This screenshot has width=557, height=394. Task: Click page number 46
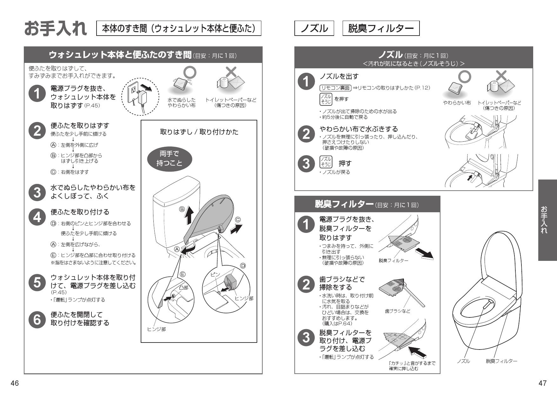(15, 383)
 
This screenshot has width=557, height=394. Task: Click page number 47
(542, 383)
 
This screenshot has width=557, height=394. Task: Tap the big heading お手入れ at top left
(56, 29)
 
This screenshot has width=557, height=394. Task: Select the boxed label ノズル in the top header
(314, 29)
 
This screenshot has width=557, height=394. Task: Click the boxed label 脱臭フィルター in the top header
(381, 29)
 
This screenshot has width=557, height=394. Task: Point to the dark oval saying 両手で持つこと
(170, 159)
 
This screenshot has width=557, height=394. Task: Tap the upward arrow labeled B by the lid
(189, 216)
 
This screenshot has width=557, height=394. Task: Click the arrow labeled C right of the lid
(236, 228)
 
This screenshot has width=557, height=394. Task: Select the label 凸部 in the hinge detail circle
(183, 288)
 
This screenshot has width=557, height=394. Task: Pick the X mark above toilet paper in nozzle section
(501, 76)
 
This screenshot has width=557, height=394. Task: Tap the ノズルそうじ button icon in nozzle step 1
(325, 99)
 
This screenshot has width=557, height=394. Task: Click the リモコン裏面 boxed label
(335, 88)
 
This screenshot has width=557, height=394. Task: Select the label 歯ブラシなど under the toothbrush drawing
(398, 311)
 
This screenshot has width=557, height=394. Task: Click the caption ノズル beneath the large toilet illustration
(463, 361)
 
